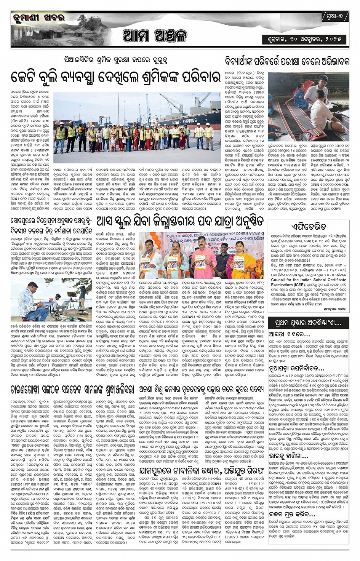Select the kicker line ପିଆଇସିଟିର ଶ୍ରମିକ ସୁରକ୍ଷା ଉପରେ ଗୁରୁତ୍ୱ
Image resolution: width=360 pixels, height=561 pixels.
116,60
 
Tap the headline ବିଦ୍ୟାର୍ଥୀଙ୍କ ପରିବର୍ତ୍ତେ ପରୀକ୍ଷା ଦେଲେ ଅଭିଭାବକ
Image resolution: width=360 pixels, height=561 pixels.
286,61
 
